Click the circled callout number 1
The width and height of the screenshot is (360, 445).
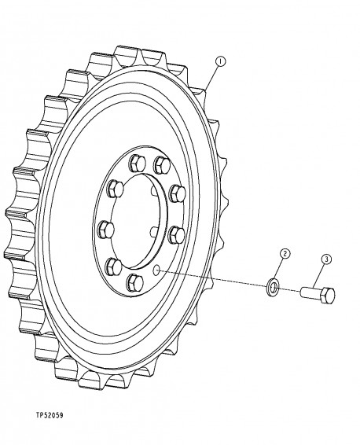coord(222,60)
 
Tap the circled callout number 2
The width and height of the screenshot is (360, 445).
coord(285,253)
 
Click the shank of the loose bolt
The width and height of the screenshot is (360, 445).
coord(311,292)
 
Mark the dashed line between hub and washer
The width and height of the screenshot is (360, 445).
coord(212,280)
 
